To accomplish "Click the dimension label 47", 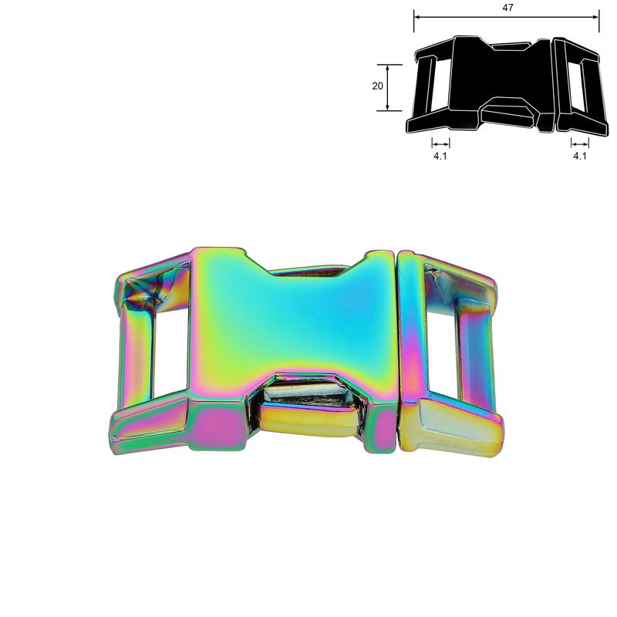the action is coord(507,8).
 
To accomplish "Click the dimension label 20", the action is coord(377,86).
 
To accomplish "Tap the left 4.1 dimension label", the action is coord(440,156).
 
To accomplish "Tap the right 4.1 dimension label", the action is coord(580,156).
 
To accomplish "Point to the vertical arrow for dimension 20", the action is coord(388,87).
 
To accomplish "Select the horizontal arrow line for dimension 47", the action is coord(507,17).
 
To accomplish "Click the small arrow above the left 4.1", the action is coord(440,143).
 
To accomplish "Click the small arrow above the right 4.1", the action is coord(580,143).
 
